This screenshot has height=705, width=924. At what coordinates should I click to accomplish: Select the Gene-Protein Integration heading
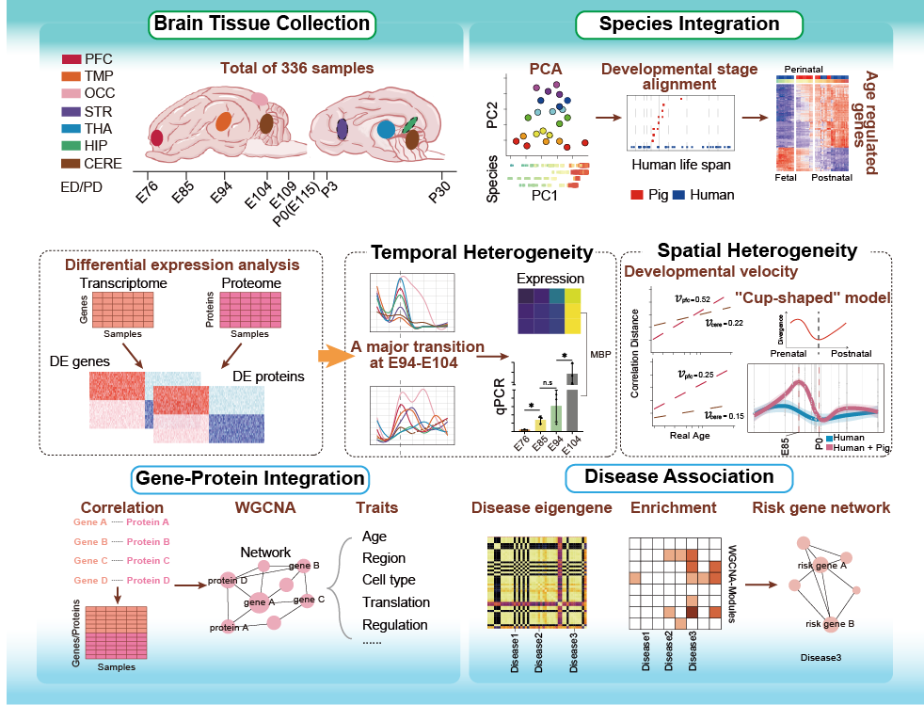point(248,478)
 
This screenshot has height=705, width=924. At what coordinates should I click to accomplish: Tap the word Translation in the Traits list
point(396,602)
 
